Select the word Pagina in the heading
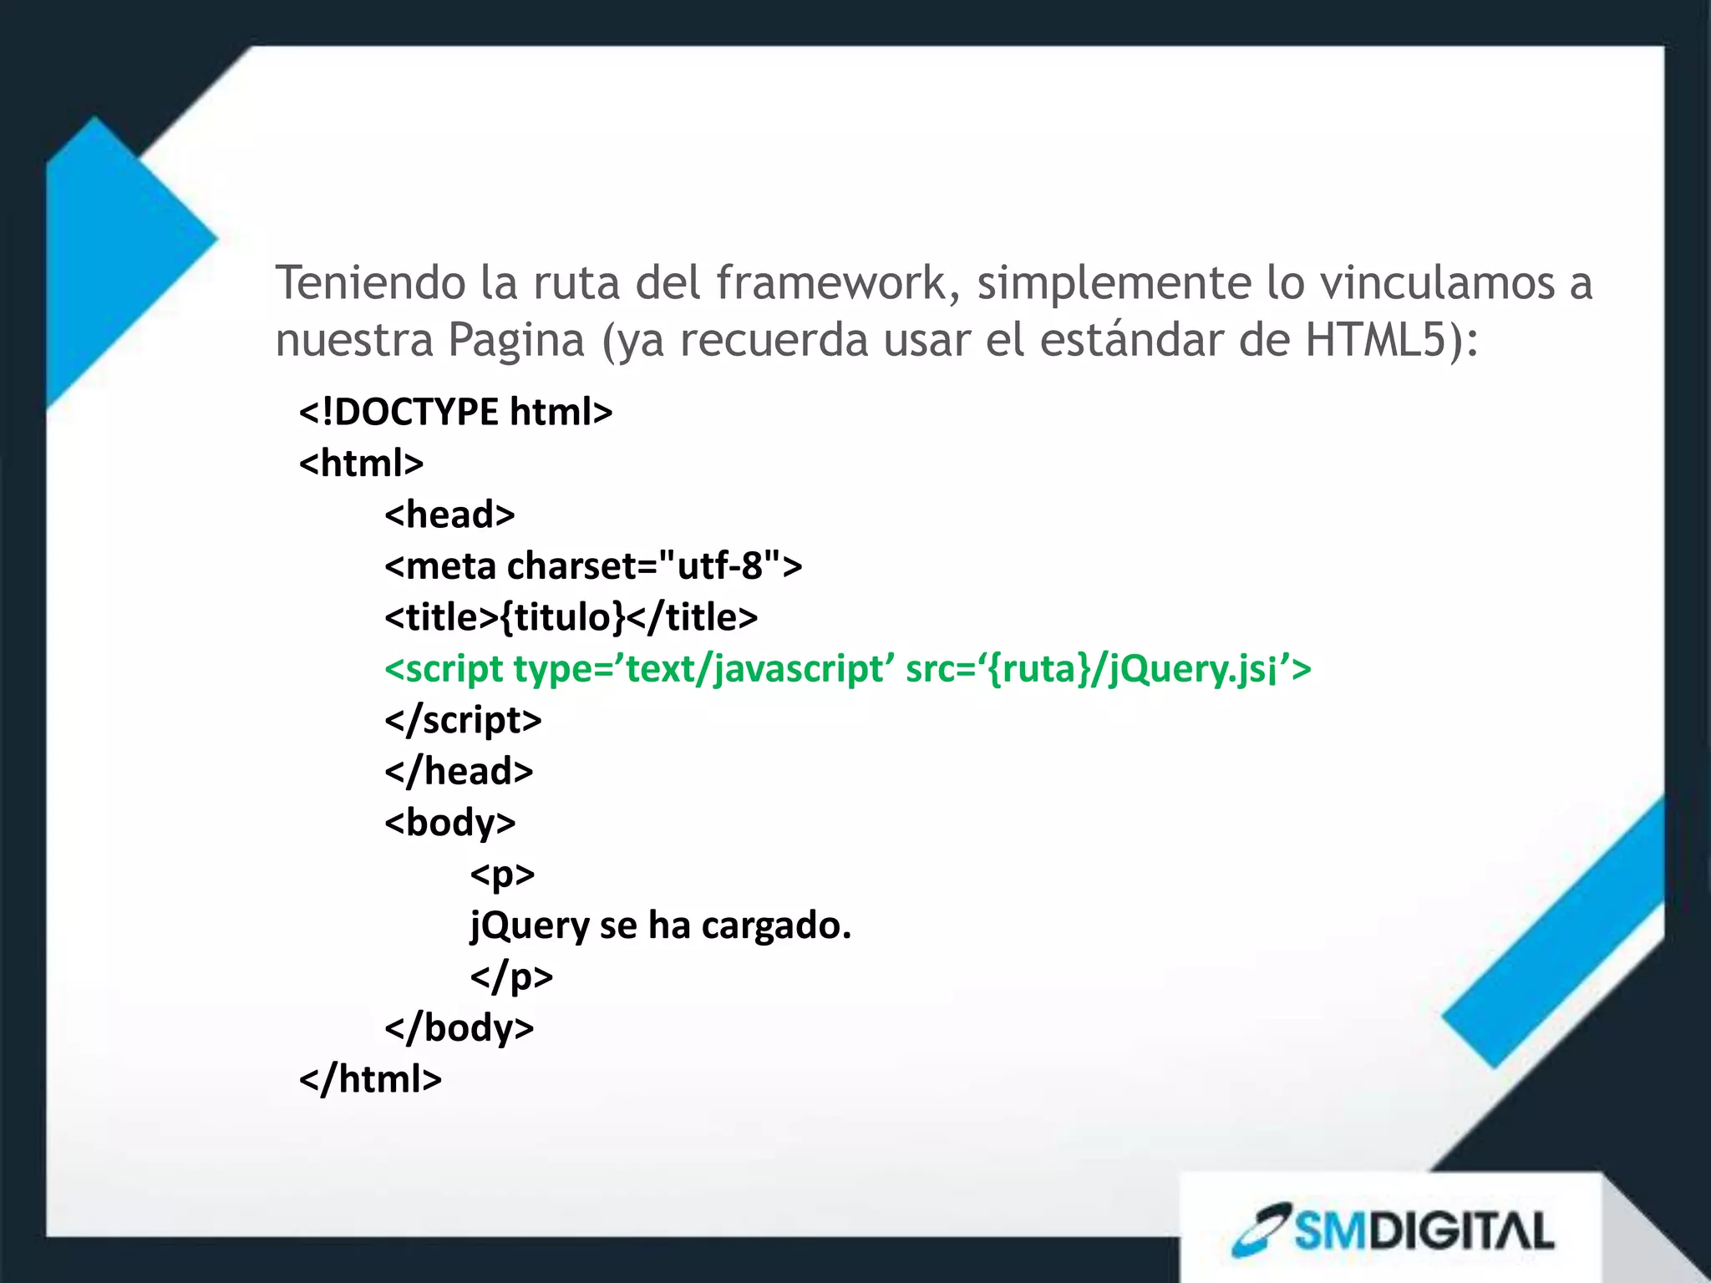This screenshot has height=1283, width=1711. pos(515,341)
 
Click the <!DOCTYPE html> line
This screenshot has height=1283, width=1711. pos(456,412)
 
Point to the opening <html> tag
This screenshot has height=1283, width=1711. pos(361,463)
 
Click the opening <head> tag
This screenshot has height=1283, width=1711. pos(449,515)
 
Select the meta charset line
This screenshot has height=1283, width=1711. pos(593,565)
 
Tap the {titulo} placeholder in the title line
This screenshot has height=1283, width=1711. pos(562,617)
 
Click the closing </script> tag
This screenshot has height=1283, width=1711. pos(463,720)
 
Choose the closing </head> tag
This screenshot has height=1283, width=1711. pos(459,771)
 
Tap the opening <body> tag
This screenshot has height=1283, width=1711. pos(449,823)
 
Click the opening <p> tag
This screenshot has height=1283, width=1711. pos(502,875)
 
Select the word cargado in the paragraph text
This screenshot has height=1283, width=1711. pos(775,925)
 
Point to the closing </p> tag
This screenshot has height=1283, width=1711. pos(511,976)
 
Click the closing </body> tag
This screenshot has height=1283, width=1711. pos(459,1027)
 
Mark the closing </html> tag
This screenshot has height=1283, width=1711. pos(370,1079)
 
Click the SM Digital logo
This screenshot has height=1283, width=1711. pos(1393,1230)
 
